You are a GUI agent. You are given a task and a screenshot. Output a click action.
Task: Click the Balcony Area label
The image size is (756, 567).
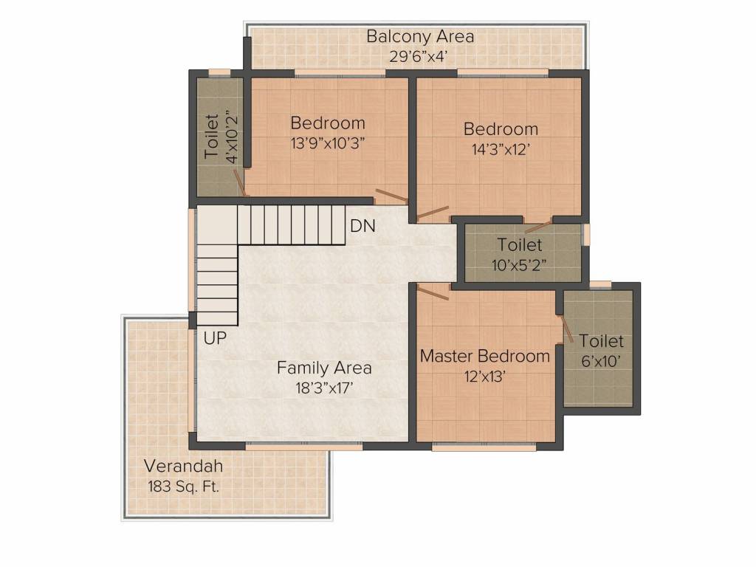(x=420, y=37)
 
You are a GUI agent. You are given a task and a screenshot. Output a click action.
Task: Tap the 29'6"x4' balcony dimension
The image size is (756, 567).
(x=419, y=57)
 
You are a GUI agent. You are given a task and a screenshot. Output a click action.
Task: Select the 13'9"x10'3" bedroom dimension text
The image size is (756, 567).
(x=327, y=144)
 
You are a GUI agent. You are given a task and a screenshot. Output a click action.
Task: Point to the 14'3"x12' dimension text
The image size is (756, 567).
(x=501, y=150)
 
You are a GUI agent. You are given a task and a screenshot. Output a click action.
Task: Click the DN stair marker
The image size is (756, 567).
(x=362, y=226)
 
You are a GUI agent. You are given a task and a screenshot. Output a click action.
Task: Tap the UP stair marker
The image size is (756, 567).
(x=215, y=338)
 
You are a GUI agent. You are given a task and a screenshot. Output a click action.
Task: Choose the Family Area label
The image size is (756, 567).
(x=324, y=368)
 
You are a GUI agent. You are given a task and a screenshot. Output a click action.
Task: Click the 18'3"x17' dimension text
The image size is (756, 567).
(x=325, y=388)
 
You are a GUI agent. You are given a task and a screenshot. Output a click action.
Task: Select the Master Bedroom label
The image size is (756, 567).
(x=484, y=357)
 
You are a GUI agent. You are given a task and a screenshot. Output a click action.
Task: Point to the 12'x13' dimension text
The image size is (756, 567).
(x=484, y=376)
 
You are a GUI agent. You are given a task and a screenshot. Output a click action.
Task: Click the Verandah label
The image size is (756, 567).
(x=184, y=467)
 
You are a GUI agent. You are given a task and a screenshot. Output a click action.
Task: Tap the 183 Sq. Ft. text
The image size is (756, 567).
(x=184, y=487)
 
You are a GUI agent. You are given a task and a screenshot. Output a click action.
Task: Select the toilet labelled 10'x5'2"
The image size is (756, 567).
(x=519, y=255)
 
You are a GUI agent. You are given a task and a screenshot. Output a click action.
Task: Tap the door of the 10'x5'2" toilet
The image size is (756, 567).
(x=537, y=227)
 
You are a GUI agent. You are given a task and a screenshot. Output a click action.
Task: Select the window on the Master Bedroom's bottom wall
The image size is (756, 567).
(x=484, y=447)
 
